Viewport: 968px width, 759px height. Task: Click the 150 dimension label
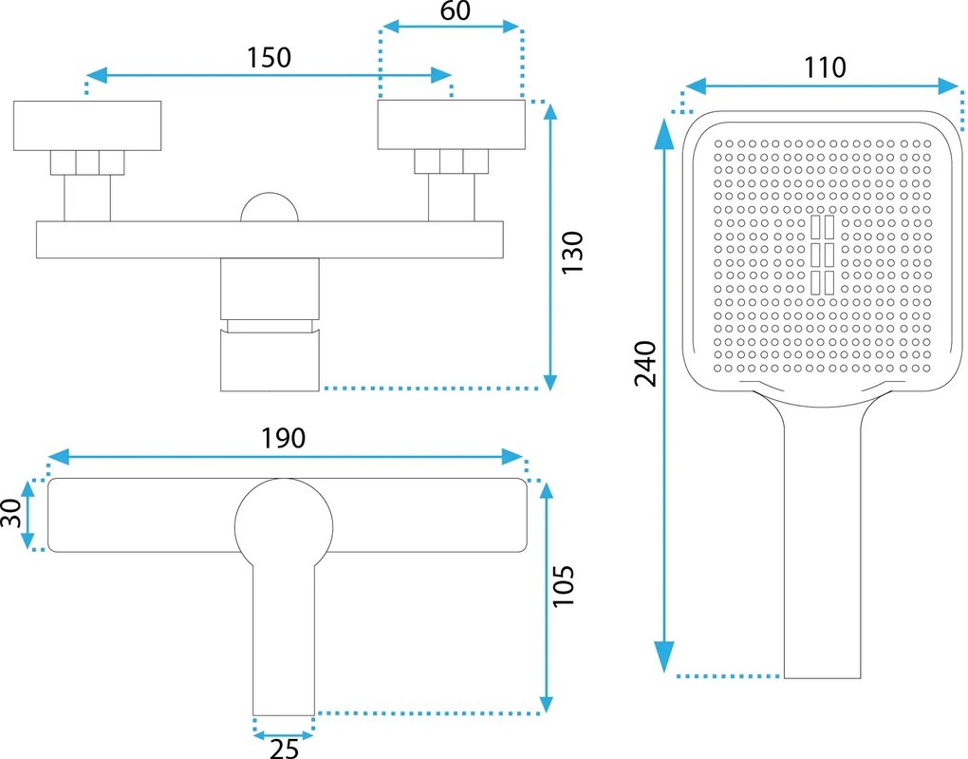[x=269, y=57]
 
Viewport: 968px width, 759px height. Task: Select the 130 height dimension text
[x=572, y=253]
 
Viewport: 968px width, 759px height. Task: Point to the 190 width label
[x=283, y=438]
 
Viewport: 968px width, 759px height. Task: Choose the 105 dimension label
[x=564, y=588]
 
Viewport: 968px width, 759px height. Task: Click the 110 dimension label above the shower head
[x=823, y=66]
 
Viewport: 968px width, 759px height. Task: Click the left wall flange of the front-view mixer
[x=87, y=124]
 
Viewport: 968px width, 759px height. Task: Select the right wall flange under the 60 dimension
[x=451, y=124]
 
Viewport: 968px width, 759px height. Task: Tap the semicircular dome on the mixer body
[x=269, y=208]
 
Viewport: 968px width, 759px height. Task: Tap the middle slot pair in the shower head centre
[x=822, y=254]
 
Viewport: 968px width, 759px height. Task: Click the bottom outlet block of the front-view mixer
[x=270, y=360]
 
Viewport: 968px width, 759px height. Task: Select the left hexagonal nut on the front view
[x=87, y=162]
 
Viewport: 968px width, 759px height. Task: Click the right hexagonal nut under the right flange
[x=451, y=162]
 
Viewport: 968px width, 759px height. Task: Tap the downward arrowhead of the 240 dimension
[x=664, y=656]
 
